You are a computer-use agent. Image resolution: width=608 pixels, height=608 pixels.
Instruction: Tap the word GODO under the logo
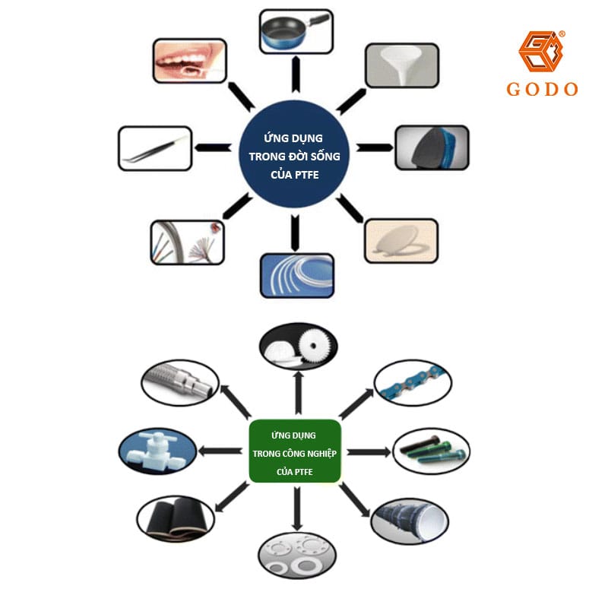tap(542, 89)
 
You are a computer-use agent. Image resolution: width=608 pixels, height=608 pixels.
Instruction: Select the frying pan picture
tap(295, 31)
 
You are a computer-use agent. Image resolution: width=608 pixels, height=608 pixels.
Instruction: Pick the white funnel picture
tap(401, 65)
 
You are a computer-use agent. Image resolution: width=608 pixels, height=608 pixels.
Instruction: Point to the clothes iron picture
tap(432, 147)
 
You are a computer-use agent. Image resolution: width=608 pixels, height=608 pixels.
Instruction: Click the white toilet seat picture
tap(401, 241)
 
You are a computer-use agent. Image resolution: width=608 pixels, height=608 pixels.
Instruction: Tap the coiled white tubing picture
tap(297, 274)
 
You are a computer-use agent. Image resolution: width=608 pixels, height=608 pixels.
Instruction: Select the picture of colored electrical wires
tap(187, 242)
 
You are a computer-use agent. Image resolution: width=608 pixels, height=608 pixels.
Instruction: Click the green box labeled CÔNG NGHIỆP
tap(295, 451)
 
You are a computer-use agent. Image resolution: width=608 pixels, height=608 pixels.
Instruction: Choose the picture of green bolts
tap(430, 450)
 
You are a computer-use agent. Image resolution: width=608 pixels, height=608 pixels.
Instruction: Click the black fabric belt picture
tap(175, 519)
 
